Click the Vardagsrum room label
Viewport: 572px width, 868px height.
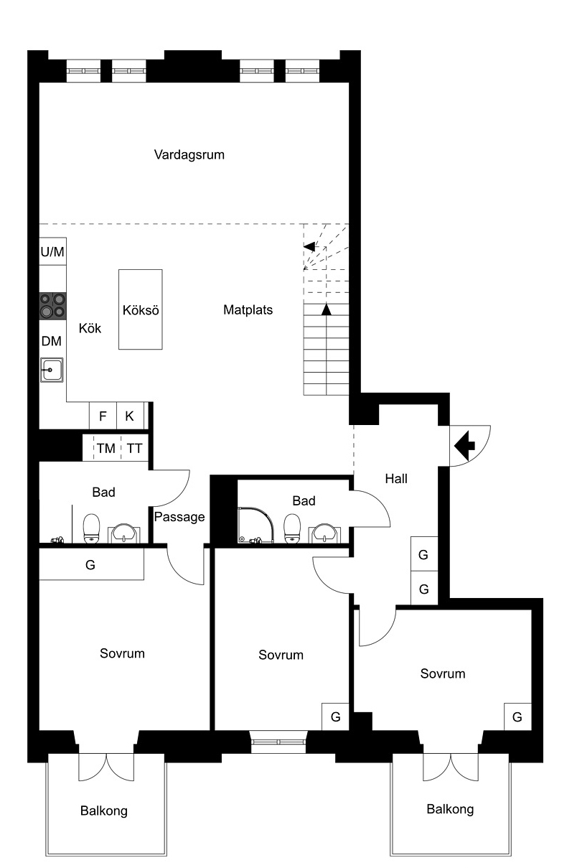pyautogui.click(x=189, y=155)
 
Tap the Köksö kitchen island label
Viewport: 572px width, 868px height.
pyautogui.click(x=141, y=310)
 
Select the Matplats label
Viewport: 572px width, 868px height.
pyautogui.click(x=248, y=310)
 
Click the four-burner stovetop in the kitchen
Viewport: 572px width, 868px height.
pyautogui.click(x=52, y=306)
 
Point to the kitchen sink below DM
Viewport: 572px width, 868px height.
pyautogui.click(x=52, y=370)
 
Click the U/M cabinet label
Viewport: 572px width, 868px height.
pyautogui.click(x=52, y=252)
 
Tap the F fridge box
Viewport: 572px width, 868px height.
pyautogui.click(x=103, y=416)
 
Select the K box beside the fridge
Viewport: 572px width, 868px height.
pyautogui.click(x=130, y=416)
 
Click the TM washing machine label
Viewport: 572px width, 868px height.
pyautogui.click(x=106, y=448)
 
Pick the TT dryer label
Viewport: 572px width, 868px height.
pyautogui.click(x=134, y=448)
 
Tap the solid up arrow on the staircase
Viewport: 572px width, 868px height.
pyautogui.click(x=327, y=309)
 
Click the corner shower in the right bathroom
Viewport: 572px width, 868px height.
pyautogui.click(x=256, y=525)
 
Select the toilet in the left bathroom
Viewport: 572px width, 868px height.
pyautogui.click(x=91, y=528)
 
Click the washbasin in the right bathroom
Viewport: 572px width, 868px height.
pyautogui.click(x=324, y=533)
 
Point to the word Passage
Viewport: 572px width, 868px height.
pyautogui.click(x=179, y=518)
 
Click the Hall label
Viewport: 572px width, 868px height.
pyautogui.click(x=396, y=479)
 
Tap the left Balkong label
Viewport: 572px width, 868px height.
pyautogui.click(x=104, y=811)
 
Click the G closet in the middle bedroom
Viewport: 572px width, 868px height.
pyautogui.click(x=335, y=717)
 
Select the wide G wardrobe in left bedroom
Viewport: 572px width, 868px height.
pyautogui.click(x=91, y=564)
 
